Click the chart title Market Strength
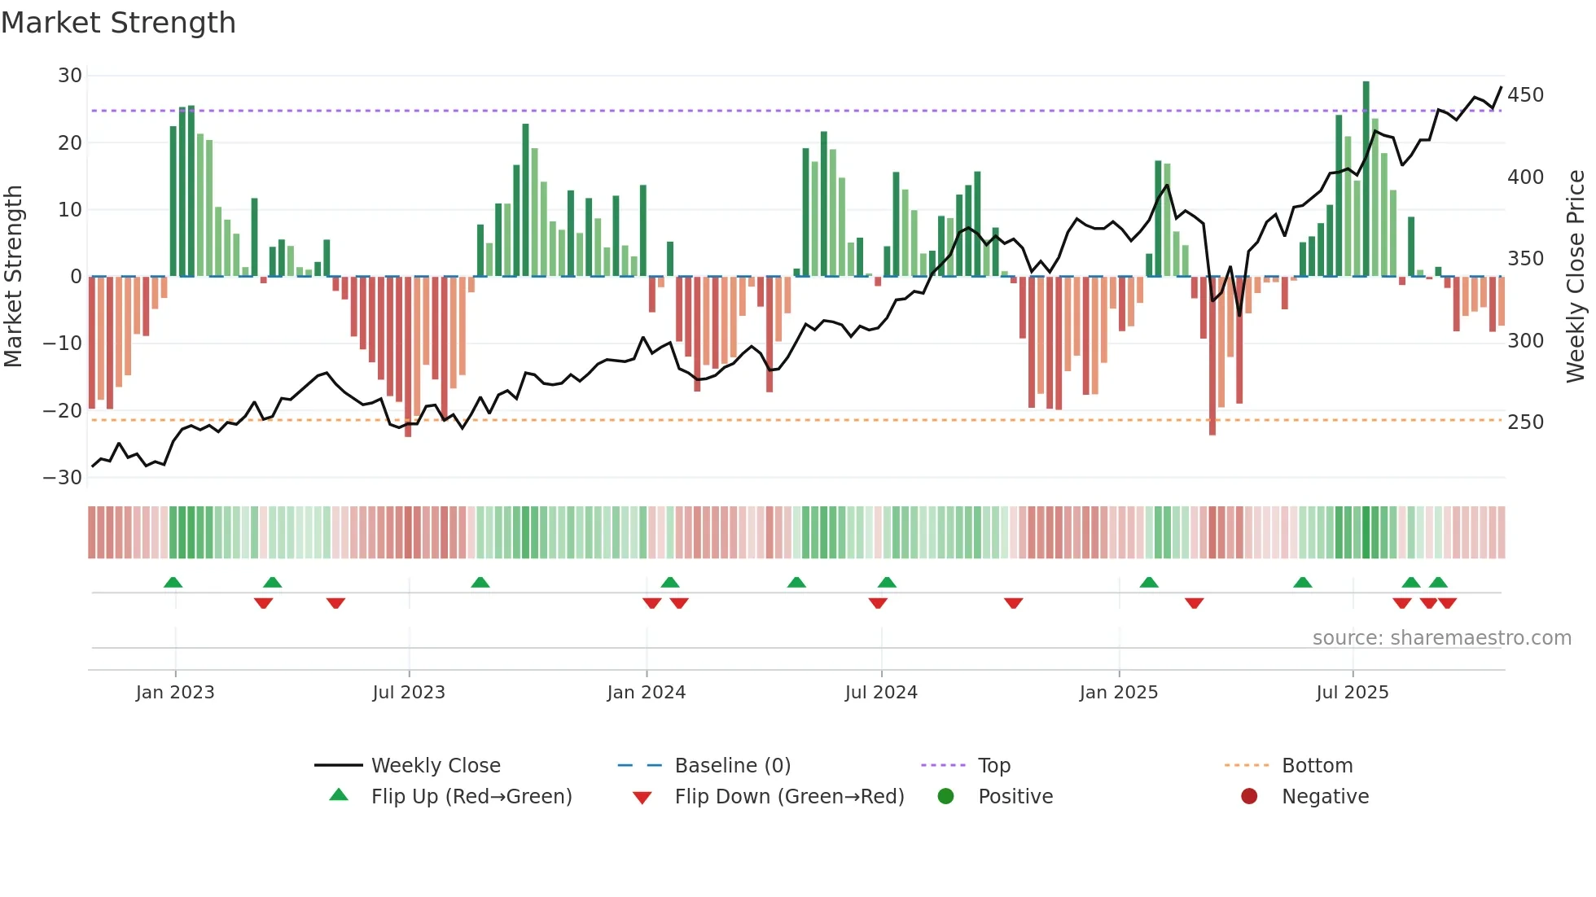click(x=118, y=23)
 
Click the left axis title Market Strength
click(x=13, y=276)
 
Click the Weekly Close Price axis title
click(x=1576, y=276)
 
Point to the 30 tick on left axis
click(x=70, y=76)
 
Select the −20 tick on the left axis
click(x=63, y=411)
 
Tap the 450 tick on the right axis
click(x=1525, y=95)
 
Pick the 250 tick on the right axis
click(x=1525, y=422)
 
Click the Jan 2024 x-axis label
click(x=647, y=693)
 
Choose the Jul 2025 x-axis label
click(x=1353, y=693)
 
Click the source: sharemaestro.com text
click(x=1441, y=638)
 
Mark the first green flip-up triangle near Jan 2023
click(x=173, y=583)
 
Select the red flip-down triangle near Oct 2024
click(x=1013, y=603)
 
